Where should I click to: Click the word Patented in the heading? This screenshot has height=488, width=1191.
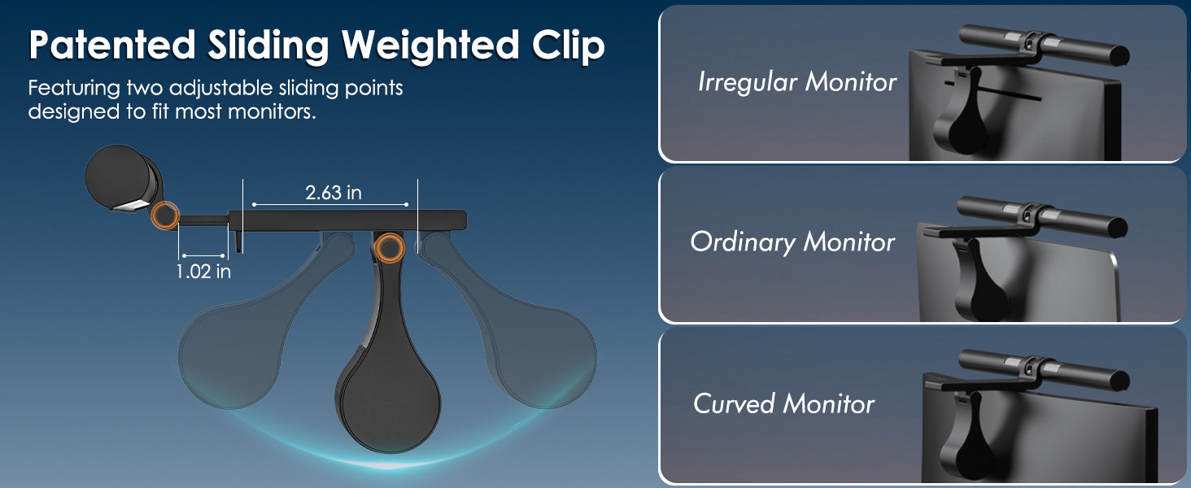tap(112, 45)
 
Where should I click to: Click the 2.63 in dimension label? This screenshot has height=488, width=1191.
tap(334, 193)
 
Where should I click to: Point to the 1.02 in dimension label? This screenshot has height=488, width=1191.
tap(203, 272)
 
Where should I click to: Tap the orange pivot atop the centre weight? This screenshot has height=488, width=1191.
tap(389, 248)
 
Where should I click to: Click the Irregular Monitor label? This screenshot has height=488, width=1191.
tap(797, 82)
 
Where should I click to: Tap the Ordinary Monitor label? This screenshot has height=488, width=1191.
tap(792, 242)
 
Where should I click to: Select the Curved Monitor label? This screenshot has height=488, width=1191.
tap(783, 404)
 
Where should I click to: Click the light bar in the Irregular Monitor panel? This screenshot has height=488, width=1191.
tap(1045, 45)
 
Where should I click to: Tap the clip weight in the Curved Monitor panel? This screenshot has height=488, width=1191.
tap(965, 441)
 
